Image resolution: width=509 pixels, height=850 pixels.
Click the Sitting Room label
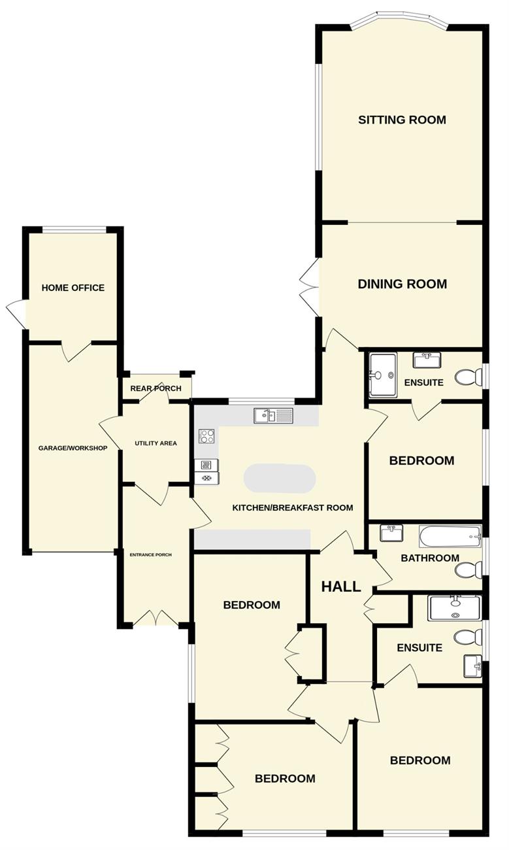(x=402, y=120)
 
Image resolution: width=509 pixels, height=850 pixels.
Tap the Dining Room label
(x=402, y=284)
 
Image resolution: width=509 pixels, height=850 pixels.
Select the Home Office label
(x=73, y=288)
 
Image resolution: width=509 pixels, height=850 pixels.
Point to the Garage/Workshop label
(x=73, y=448)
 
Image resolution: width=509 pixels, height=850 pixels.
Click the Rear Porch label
(x=156, y=388)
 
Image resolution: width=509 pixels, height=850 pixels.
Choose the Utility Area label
(x=156, y=443)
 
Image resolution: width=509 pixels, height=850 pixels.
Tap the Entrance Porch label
(x=150, y=554)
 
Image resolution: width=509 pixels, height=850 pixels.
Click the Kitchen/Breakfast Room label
(x=293, y=508)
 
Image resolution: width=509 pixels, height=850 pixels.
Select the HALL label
(x=341, y=587)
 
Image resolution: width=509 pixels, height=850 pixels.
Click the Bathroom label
(x=430, y=558)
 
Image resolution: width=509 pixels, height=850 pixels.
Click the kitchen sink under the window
(x=273, y=415)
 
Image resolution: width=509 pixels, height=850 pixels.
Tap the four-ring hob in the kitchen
(x=206, y=436)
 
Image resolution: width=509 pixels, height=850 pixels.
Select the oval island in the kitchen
(x=280, y=479)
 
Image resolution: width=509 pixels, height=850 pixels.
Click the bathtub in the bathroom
(x=450, y=537)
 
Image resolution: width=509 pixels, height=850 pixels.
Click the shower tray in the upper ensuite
(x=384, y=375)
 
